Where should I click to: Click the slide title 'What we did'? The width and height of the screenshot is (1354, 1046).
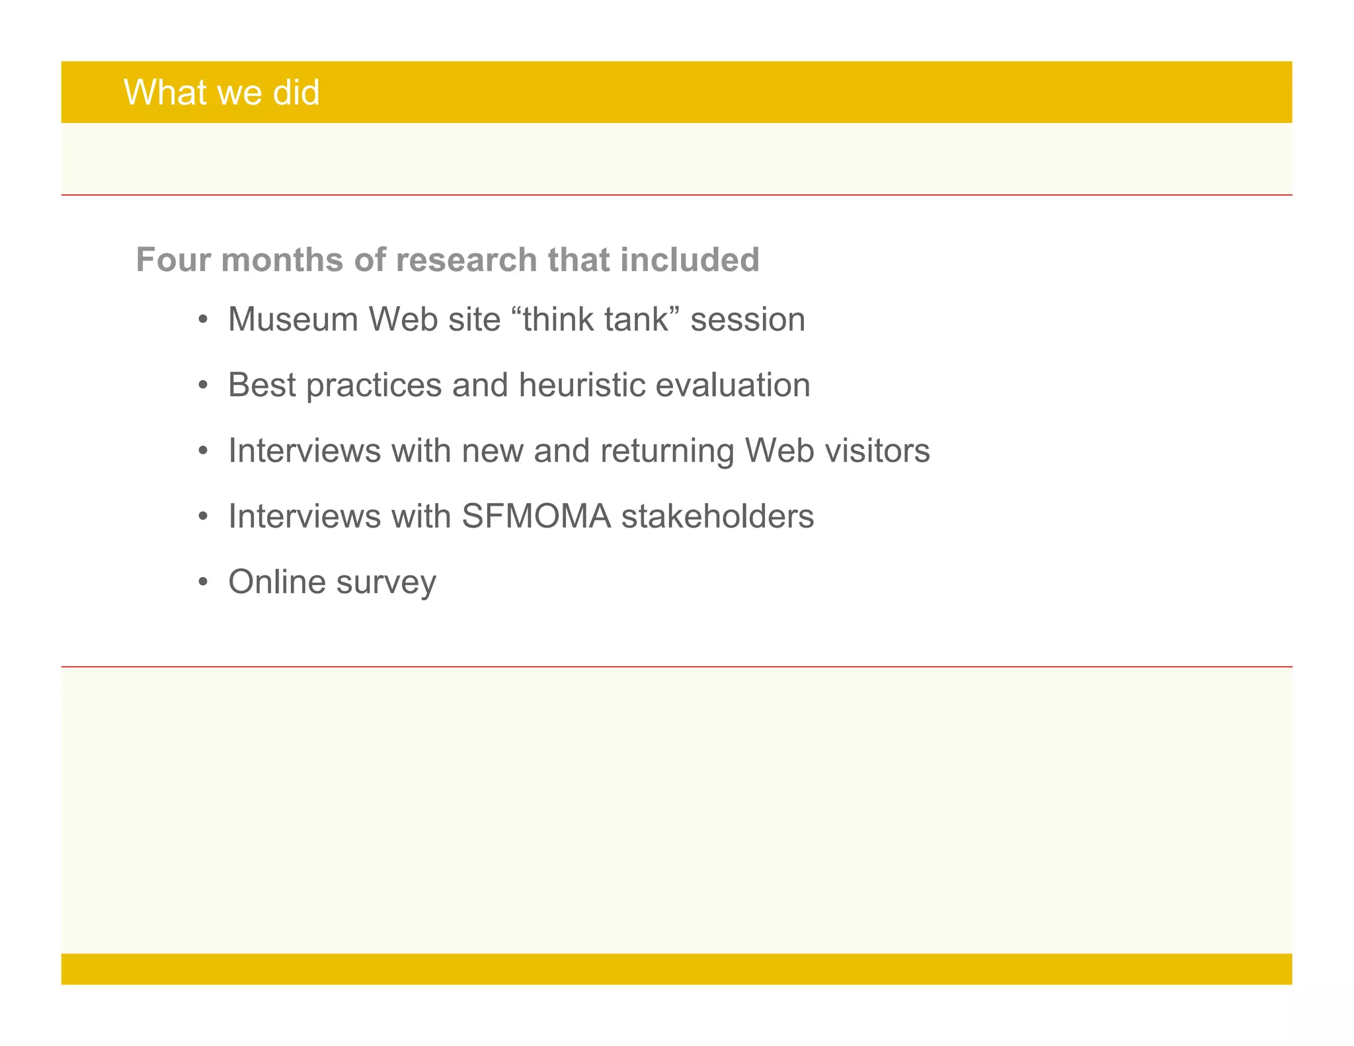221,92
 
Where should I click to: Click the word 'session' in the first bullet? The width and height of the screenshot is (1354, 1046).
748,319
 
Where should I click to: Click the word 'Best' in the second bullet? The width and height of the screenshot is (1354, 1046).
261,385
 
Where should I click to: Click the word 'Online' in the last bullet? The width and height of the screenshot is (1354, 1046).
277,582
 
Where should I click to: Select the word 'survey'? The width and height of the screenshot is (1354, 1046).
386,583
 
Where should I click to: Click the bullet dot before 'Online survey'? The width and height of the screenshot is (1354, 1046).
203,583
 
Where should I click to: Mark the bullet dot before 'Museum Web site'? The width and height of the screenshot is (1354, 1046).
203,320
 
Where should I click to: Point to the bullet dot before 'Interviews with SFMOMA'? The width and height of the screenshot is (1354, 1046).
203,516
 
